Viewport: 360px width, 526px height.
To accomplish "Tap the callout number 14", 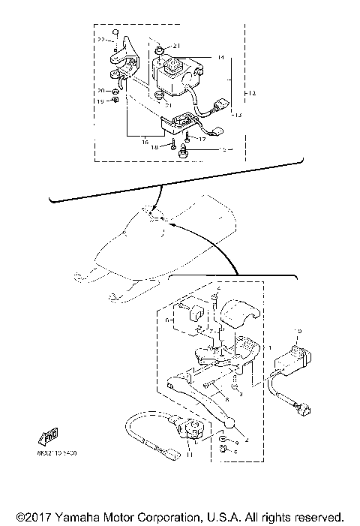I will click(220, 58).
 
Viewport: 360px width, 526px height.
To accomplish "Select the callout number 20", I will click(100, 92).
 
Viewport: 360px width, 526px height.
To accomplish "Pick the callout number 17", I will click(202, 138).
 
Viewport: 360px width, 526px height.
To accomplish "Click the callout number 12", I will click(252, 92).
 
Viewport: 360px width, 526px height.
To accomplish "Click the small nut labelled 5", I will click(222, 449).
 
